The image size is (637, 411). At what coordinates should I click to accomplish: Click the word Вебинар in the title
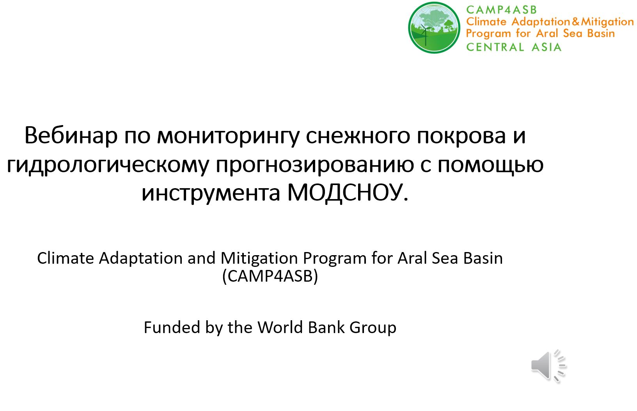tap(71, 135)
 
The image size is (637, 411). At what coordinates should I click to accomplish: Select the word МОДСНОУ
tap(348, 192)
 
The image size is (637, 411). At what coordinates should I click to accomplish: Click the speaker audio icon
tap(549, 365)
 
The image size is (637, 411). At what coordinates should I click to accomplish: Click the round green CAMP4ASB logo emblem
tap(434, 28)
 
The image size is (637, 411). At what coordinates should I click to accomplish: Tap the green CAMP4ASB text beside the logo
tap(501, 10)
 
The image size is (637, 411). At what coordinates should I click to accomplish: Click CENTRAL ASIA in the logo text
tap(514, 47)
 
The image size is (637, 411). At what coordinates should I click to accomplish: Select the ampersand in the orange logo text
tap(575, 21)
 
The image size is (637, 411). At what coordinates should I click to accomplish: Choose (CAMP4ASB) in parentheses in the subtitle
tap(270, 276)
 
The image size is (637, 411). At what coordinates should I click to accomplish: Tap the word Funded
tap(172, 327)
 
